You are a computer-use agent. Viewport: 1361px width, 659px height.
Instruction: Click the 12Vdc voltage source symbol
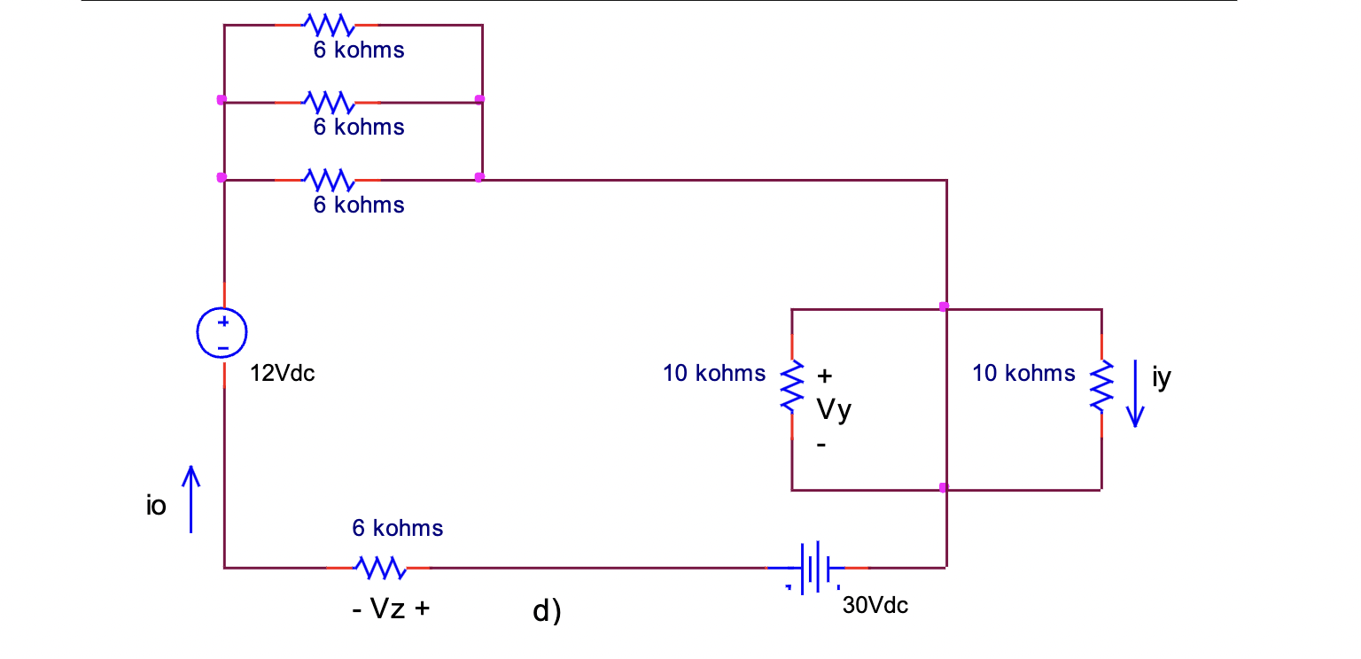(x=222, y=333)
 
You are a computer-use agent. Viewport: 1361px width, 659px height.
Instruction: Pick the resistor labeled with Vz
(x=380, y=566)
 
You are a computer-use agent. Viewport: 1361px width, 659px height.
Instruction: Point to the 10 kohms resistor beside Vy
(x=791, y=385)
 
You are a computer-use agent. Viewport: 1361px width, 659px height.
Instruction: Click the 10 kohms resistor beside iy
(x=1100, y=385)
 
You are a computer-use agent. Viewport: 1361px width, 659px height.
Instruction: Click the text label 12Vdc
(x=282, y=374)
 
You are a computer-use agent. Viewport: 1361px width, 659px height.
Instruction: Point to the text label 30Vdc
(x=875, y=606)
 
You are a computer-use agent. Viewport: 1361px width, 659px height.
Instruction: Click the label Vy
(x=833, y=410)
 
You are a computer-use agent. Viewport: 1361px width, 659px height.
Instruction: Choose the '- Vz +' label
(x=391, y=609)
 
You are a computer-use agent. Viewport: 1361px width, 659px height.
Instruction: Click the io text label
(x=156, y=508)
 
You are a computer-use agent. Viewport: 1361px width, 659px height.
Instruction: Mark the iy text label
(x=1162, y=378)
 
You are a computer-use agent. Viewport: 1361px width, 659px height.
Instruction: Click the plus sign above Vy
(x=824, y=376)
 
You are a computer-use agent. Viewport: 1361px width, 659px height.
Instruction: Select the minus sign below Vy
(x=821, y=446)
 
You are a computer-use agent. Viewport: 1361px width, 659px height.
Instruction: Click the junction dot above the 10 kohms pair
(x=944, y=306)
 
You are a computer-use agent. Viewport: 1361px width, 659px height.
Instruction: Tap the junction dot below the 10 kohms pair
(x=944, y=488)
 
